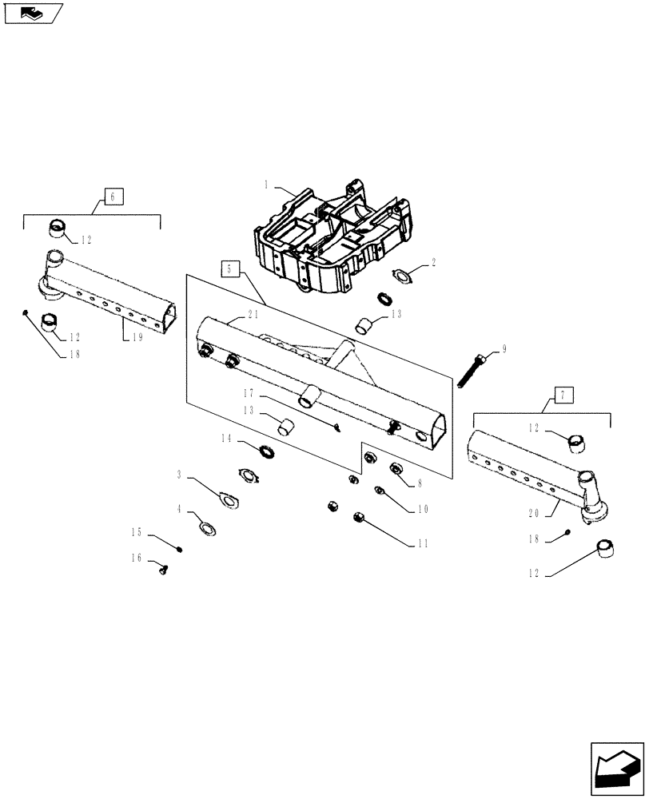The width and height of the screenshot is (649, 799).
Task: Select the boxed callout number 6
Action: (x=113, y=196)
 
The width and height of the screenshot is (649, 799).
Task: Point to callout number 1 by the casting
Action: (x=266, y=185)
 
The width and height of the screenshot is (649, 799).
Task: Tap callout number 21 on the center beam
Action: (x=254, y=314)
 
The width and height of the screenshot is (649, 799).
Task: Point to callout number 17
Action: (x=249, y=392)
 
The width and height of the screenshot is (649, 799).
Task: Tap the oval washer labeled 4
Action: (x=207, y=528)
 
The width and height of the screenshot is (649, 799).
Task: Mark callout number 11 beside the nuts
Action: (x=423, y=543)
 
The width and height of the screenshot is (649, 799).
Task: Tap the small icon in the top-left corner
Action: (x=34, y=14)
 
